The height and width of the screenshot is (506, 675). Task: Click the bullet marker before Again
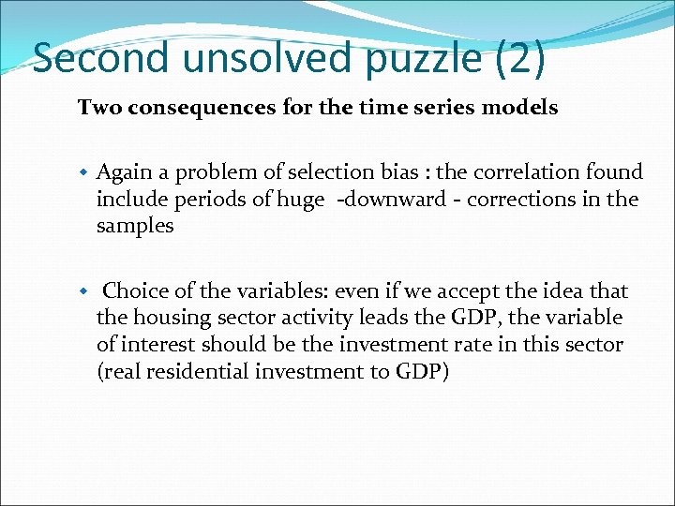[x=83, y=172]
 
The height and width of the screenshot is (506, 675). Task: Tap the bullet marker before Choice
[x=83, y=292]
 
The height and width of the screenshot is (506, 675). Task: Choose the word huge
[x=300, y=200]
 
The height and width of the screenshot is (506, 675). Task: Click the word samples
[x=134, y=227]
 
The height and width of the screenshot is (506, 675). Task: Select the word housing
[x=168, y=319]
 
